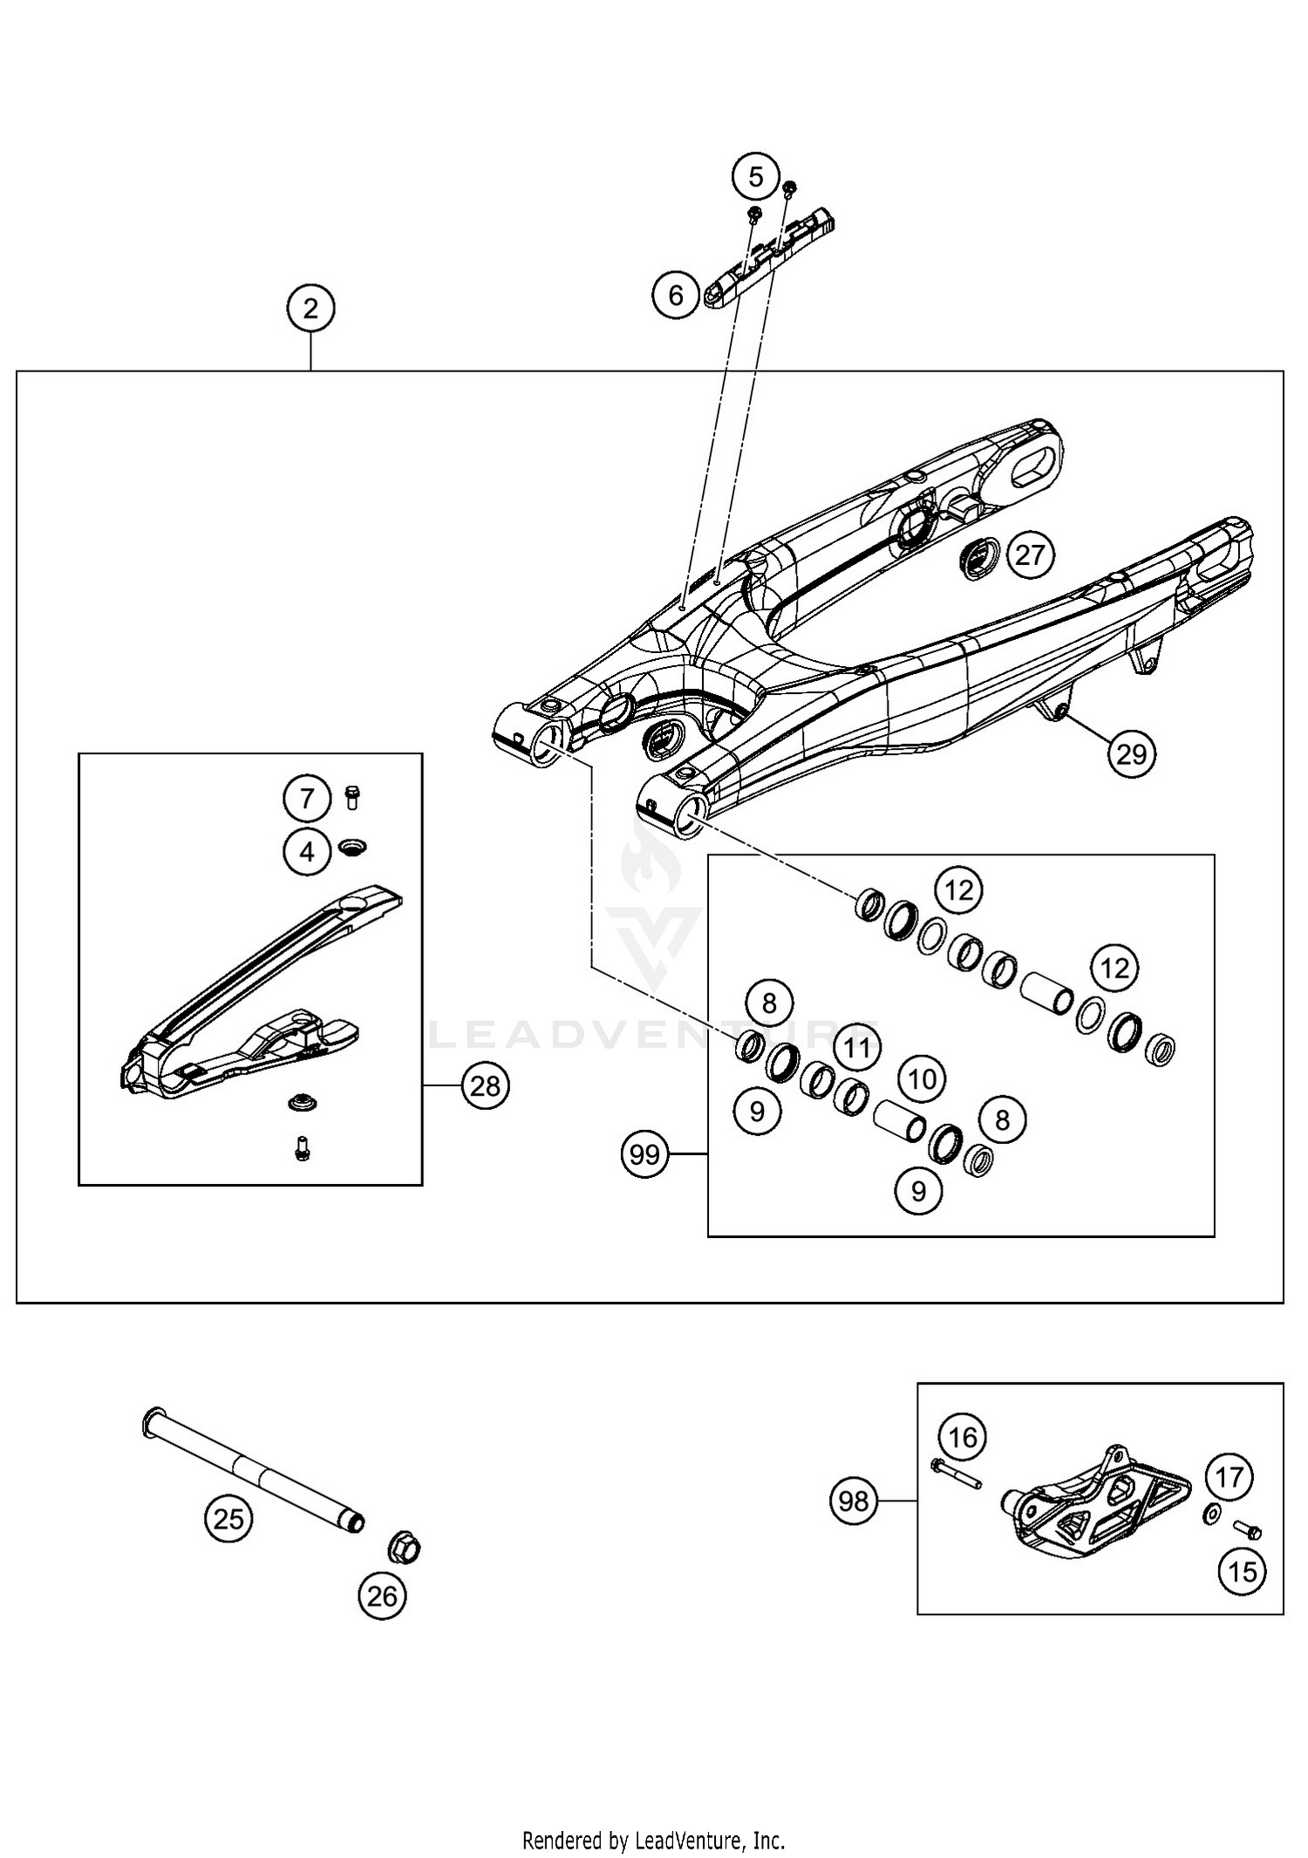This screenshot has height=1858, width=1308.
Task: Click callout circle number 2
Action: coord(310,308)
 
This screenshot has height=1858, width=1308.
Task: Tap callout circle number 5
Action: coord(755,177)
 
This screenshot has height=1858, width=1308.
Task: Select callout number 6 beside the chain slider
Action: coord(676,296)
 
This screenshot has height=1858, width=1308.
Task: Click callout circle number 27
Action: coord(1030,555)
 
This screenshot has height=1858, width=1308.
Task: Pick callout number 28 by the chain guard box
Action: coord(485,1086)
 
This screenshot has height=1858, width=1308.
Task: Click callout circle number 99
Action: coord(644,1154)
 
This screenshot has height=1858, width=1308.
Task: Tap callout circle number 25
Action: coord(228,1519)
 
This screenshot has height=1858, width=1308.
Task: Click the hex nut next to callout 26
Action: coord(404,1548)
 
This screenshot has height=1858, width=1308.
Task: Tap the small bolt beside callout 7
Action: coord(353,796)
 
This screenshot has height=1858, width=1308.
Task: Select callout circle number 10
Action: coord(922,1079)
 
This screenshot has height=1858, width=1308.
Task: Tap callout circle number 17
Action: coord(1229,1477)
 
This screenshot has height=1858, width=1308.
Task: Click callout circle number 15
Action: coord(1242,1571)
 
